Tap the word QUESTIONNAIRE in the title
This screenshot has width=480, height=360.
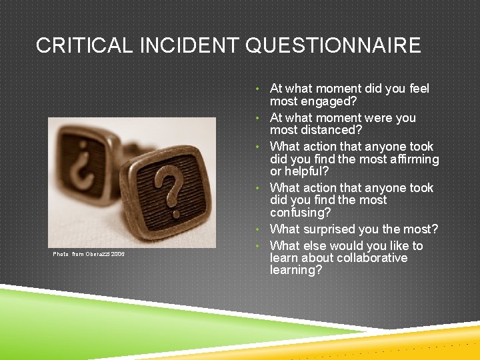[333, 45]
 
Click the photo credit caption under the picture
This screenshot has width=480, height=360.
[89, 254]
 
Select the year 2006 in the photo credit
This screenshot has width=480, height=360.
[117, 254]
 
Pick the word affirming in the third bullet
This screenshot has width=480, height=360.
[413, 159]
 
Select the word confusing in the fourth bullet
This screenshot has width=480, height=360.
[299, 213]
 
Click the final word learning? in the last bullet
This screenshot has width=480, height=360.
[296, 270]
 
